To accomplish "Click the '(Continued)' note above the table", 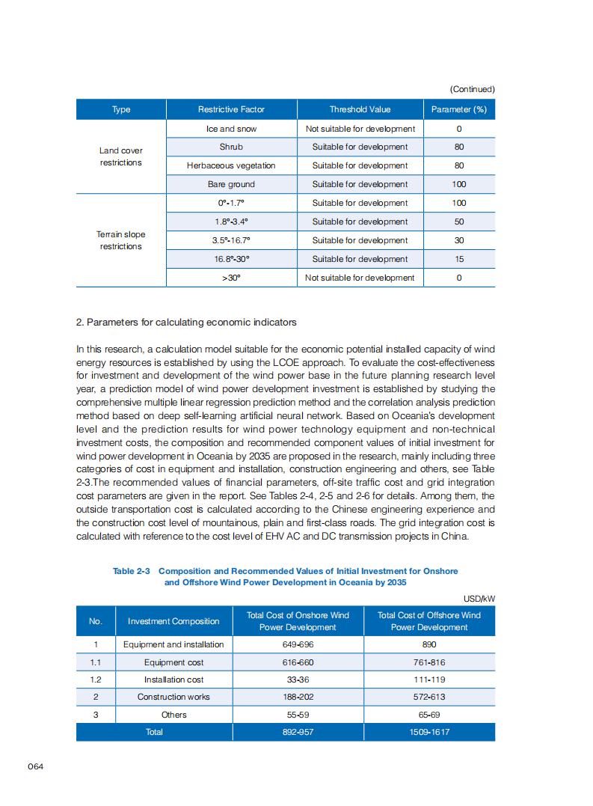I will (472, 89).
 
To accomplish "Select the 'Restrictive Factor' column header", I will (231, 109).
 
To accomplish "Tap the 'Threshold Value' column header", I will (360, 109).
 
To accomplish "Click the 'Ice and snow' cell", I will (231, 129).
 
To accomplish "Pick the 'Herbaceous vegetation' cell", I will (231, 165).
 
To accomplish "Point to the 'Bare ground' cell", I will (231, 184).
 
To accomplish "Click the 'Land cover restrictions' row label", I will (120, 156).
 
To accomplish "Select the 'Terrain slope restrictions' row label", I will (120, 240).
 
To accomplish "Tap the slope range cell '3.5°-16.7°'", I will (231, 240).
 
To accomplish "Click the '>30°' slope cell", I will (231, 278).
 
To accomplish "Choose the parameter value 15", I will (459, 259).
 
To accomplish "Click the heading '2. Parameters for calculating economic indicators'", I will (186, 323).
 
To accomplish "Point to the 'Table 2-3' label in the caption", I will (132, 571).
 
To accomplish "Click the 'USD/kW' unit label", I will (479, 598).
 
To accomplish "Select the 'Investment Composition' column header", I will (173, 621).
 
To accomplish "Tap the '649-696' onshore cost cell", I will (298, 644).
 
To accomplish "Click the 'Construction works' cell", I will (173, 697).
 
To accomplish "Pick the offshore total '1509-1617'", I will (429, 732).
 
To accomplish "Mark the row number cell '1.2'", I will (95, 680).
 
